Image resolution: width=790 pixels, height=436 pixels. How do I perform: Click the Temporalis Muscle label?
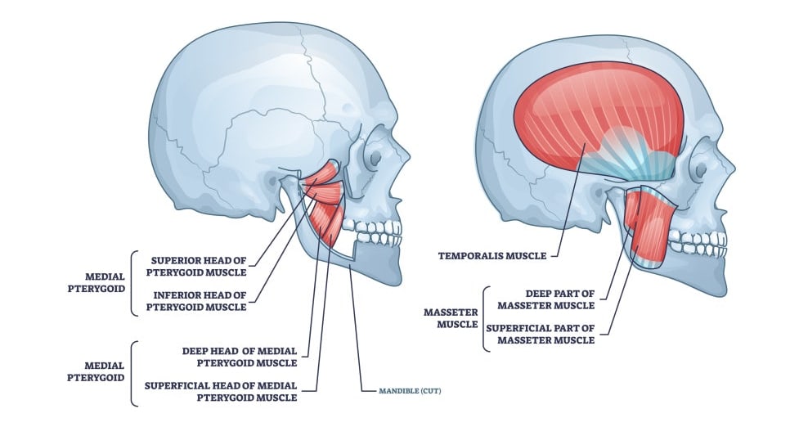(x=492, y=255)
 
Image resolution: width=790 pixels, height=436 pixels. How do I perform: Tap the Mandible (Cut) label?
(x=410, y=391)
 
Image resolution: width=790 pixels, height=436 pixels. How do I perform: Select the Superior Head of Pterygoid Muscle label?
(x=199, y=267)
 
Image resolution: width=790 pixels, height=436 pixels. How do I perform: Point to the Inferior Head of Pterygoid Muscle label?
(x=199, y=301)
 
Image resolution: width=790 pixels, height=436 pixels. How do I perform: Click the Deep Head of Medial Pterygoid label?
(x=240, y=357)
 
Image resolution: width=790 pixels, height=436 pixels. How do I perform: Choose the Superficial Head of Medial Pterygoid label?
(x=221, y=392)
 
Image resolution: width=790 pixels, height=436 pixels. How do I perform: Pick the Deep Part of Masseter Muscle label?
(x=546, y=299)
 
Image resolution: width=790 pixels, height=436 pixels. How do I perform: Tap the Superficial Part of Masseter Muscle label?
(x=540, y=335)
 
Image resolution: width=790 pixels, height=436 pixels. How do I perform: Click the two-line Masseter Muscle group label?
(x=451, y=318)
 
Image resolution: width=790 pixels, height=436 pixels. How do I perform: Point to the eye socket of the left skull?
(x=375, y=158)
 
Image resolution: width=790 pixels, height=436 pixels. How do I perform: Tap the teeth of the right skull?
(x=698, y=243)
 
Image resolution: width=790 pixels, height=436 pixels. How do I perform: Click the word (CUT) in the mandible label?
(x=430, y=391)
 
